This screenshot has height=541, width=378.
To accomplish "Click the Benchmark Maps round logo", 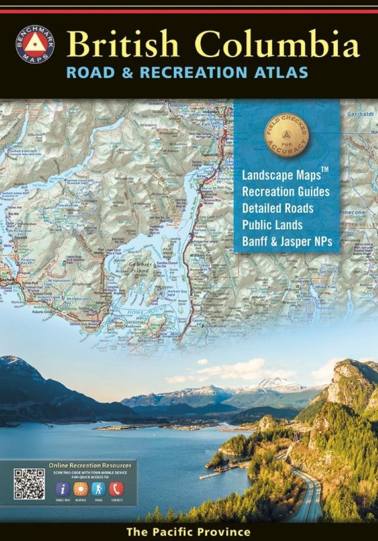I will click(35, 45).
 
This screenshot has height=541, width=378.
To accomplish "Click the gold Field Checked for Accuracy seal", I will click(286, 135).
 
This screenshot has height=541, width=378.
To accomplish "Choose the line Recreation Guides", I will click(285, 192).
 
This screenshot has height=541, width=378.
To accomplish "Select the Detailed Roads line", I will click(278, 208).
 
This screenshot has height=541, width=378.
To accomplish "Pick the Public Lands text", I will click(272, 225).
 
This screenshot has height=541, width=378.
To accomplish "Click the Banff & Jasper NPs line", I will click(287, 242).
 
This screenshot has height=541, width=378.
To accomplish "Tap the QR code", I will click(29, 484).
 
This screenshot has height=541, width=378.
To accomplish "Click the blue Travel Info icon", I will click(63, 489).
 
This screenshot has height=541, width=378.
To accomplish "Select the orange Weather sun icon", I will click(81, 489).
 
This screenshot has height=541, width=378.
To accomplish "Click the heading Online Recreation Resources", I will click(90, 465).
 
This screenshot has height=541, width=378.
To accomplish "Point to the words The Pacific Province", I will click(188, 532).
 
